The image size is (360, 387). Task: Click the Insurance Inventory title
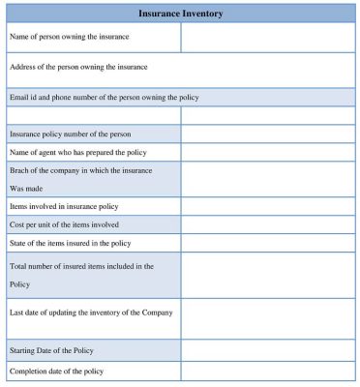point(180,14)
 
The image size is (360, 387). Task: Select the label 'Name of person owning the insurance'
point(69,37)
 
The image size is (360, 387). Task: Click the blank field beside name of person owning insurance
point(267,37)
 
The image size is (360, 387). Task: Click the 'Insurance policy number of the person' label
point(70,134)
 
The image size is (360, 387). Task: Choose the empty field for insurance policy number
point(267,134)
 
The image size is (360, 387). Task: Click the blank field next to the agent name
point(267,152)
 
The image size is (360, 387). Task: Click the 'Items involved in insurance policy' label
point(64,206)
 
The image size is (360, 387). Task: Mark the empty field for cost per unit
point(267,224)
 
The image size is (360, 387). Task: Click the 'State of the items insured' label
point(70,243)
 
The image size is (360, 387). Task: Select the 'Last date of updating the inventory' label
point(91,312)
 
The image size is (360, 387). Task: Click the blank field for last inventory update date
point(267,318)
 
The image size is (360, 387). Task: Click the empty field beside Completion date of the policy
point(267,372)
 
